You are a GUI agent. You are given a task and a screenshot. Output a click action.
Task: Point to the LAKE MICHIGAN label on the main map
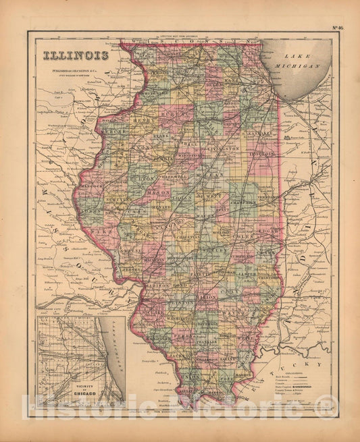[301, 63]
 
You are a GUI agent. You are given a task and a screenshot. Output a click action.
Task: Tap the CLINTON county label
[185, 305]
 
